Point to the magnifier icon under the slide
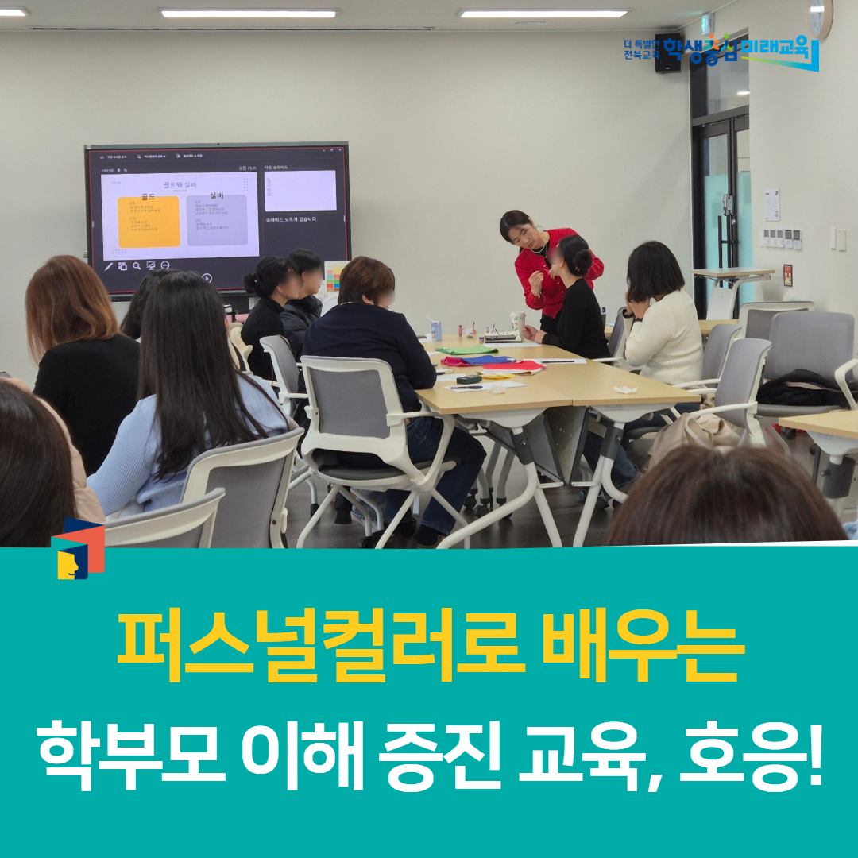pyautogui.click(x=137, y=266)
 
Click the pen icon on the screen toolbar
pyautogui.click(x=109, y=266)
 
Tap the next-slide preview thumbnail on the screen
pyautogui.click(x=300, y=191)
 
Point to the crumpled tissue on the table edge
pyautogui.click(x=626, y=389)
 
